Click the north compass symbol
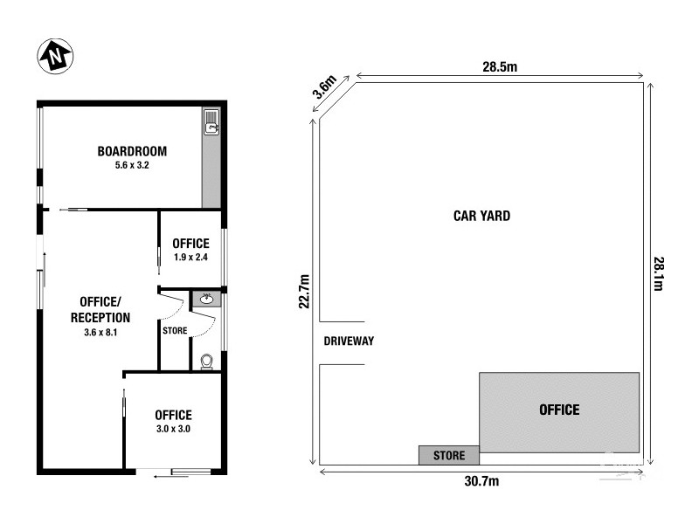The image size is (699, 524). click(54, 57)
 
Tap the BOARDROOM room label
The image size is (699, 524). click(132, 151)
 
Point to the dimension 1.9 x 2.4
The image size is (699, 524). click(190, 258)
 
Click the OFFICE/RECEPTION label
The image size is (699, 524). click(100, 310)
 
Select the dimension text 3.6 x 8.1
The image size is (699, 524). click(100, 332)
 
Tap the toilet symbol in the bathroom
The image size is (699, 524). click(207, 361)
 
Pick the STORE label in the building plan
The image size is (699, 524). click(175, 330)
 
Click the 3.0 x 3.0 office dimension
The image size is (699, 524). click(173, 429)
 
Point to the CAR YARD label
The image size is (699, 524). click(481, 216)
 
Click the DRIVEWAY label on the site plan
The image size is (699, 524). click(349, 341)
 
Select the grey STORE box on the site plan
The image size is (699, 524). click(449, 455)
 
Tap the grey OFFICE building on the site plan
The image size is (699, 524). click(559, 410)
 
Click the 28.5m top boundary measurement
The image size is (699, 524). click(502, 66)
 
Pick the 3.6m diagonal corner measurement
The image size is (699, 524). click(325, 87)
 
